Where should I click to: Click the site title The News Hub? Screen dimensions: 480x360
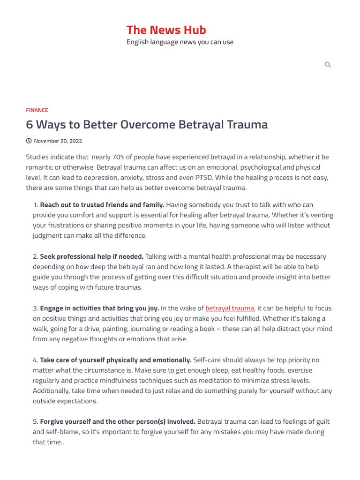pyautogui.click(x=166, y=30)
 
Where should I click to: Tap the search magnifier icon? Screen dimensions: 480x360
pyautogui.click(x=328, y=65)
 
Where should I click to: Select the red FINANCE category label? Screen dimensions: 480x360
pyautogui.click(x=37, y=110)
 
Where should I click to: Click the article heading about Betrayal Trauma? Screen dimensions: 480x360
pyautogui.click(x=147, y=125)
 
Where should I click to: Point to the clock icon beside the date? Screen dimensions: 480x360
pyautogui.click(x=29, y=141)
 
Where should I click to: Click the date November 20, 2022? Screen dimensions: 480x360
pyautogui.click(x=58, y=141)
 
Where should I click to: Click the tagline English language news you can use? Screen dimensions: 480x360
pyautogui.click(x=180, y=42)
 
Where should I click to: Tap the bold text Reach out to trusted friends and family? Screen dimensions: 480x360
pyautogui.click(x=102, y=204)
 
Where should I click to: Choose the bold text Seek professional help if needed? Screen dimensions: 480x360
pyautogui.click(x=92, y=256)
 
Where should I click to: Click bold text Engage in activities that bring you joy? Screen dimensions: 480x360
pyautogui.click(x=99, y=308)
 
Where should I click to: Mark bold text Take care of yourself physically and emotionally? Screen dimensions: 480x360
pyautogui.click(x=116, y=360)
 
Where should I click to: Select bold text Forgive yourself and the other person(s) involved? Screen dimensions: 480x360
pyautogui.click(x=118, y=421)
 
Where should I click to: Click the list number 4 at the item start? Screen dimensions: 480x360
pyautogui.click(x=35, y=360)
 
